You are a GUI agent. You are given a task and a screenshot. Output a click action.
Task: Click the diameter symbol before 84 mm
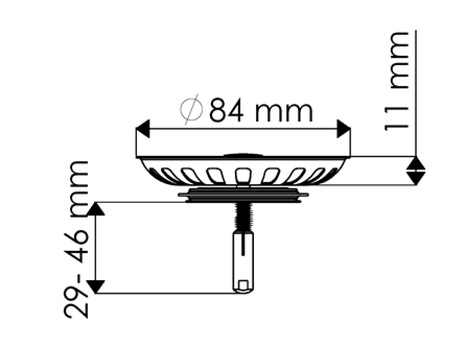point(191,109)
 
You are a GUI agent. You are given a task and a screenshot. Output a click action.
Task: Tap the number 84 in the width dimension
point(226,111)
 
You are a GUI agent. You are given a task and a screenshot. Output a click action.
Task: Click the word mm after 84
point(284,113)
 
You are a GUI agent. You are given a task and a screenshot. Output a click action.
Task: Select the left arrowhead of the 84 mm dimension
point(143,129)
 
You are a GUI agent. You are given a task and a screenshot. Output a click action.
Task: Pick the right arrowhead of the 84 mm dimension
point(344,129)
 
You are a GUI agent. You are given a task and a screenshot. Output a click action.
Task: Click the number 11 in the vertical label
point(397,119)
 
